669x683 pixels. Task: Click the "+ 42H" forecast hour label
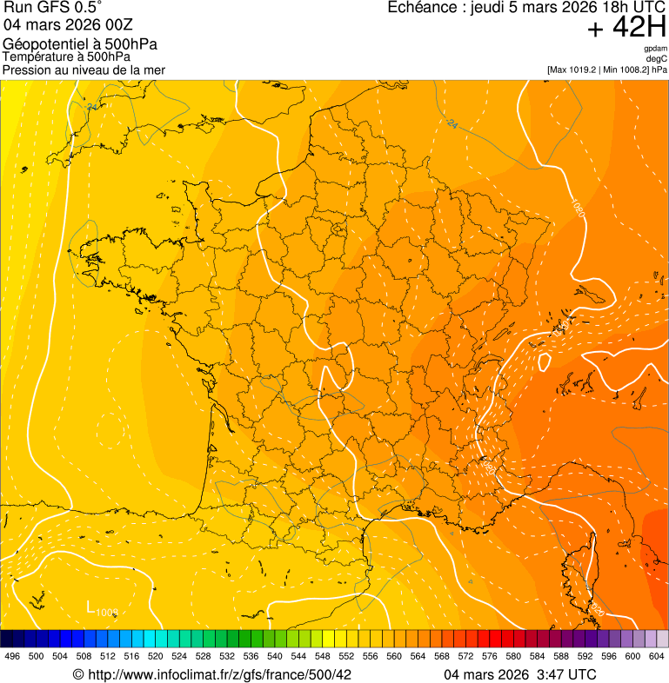626,28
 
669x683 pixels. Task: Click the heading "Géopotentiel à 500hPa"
80,44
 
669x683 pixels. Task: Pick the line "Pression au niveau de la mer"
84,70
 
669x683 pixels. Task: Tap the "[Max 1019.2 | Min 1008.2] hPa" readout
606,69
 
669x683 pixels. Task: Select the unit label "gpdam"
656,49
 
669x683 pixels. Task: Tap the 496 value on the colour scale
12,656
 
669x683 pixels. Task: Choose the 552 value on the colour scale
345,656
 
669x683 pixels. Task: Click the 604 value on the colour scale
656,656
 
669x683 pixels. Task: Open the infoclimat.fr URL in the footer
212,674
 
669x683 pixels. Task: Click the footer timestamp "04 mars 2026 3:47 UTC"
519,674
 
